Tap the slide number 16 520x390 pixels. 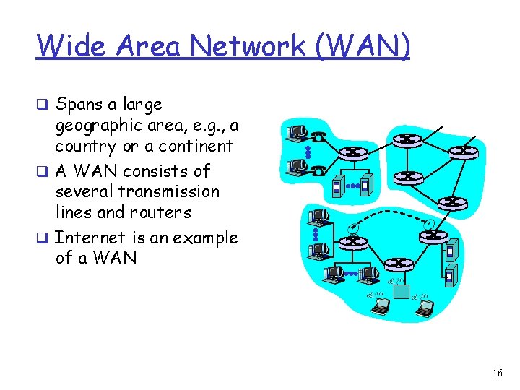[x=497, y=373]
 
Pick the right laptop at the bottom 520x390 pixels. [x=426, y=309]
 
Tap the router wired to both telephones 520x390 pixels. [x=353, y=152]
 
